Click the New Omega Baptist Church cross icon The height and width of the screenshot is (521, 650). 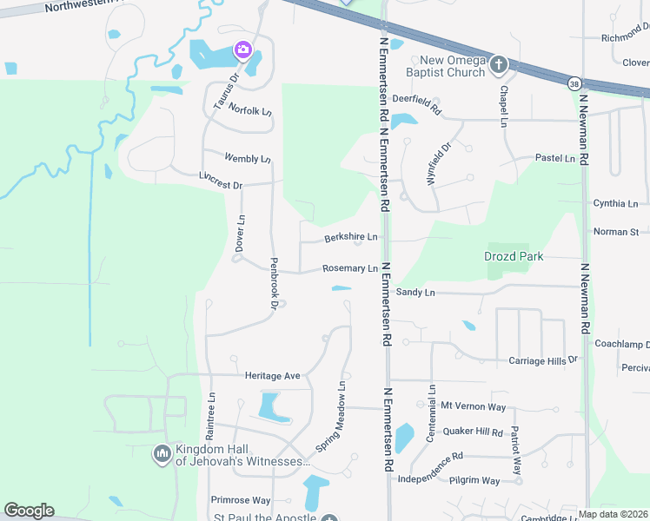[499, 64]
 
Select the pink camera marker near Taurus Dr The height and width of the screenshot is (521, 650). [243, 49]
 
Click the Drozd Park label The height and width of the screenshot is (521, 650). [514, 256]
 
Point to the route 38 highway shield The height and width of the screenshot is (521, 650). [574, 83]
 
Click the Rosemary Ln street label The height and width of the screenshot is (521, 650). [350, 269]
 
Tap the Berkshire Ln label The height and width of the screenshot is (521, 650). [350, 237]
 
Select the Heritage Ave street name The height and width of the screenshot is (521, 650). [272, 376]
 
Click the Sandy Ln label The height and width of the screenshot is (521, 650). [415, 293]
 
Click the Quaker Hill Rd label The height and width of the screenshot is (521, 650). [472, 432]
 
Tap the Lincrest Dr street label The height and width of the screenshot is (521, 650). [221, 186]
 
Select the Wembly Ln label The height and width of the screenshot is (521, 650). [248, 159]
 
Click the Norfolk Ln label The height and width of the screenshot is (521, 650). [250, 112]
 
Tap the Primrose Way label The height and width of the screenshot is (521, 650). [241, 500]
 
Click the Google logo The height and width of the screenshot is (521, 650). [29, 511]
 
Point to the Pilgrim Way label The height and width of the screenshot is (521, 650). [474, 480]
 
